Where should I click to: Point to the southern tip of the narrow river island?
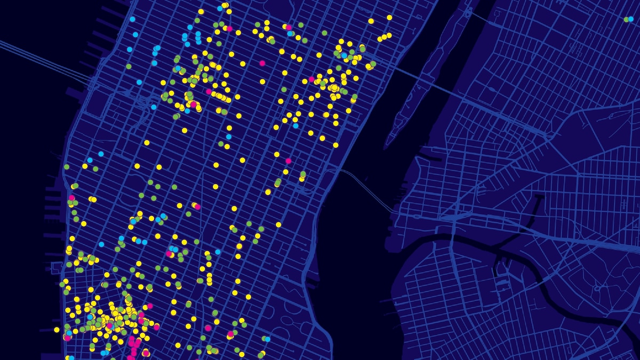(389, 143)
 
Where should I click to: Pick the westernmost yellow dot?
(57, 330)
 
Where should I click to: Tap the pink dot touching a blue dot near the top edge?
(289, 27)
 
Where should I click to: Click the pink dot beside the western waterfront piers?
(71, 198)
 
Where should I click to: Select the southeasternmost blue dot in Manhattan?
(267, 339)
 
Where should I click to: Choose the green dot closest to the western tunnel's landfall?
(129, 66)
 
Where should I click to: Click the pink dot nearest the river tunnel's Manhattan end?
(289, 161)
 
